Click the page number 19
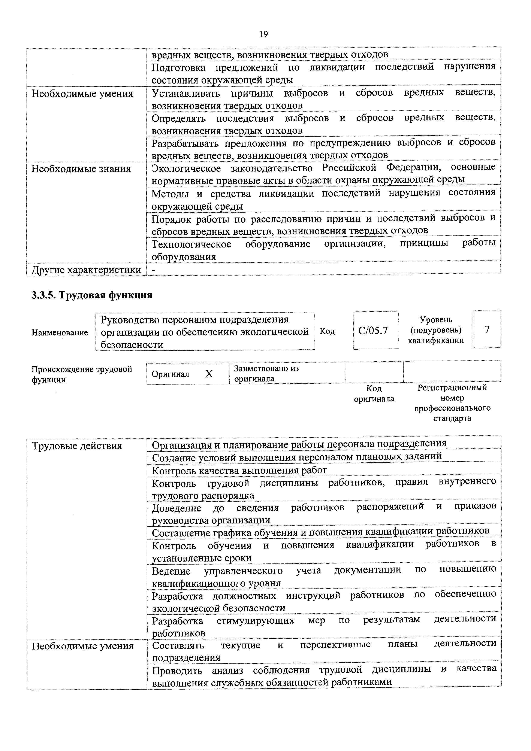pos(263,34)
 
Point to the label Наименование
pos(60,333)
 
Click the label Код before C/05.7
pos(327,331)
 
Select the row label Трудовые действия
pos(77,446)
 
